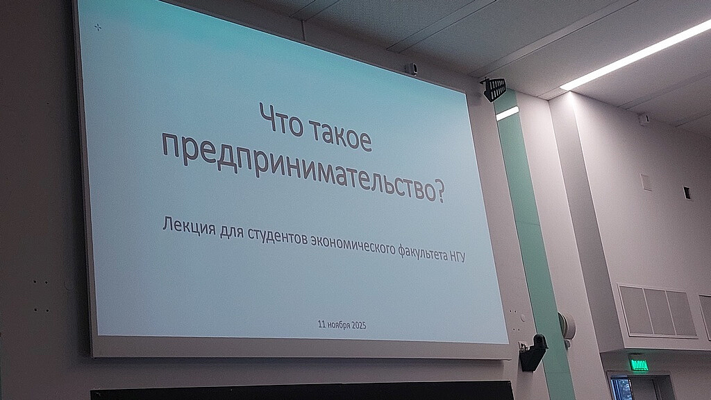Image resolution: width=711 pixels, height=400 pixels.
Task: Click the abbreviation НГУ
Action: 458,256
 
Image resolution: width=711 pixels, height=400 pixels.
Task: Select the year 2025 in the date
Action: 359,325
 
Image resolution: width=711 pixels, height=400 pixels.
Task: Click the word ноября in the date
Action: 338,325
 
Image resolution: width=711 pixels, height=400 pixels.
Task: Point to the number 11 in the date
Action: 321,324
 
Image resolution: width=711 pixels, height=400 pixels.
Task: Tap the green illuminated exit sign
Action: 639,364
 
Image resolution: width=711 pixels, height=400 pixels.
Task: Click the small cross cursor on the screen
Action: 97,27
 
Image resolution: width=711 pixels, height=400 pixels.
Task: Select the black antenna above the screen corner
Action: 494,89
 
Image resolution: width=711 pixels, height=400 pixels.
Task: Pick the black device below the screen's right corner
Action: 533,352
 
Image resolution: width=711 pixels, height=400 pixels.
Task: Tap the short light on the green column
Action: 507,113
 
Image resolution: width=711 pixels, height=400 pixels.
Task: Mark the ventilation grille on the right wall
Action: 657,311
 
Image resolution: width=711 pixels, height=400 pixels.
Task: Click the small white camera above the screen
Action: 412,69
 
